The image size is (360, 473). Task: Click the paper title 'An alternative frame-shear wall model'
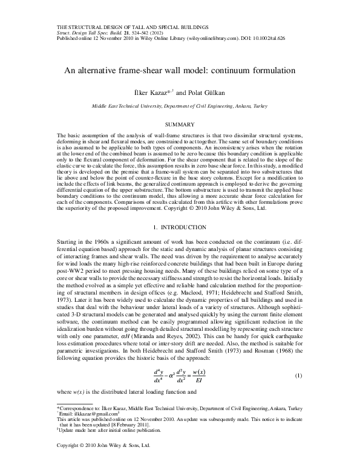click(x=180, y=70)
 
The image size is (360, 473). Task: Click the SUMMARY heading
click(x=180, y=123)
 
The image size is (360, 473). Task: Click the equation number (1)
click(x=298, y=376)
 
